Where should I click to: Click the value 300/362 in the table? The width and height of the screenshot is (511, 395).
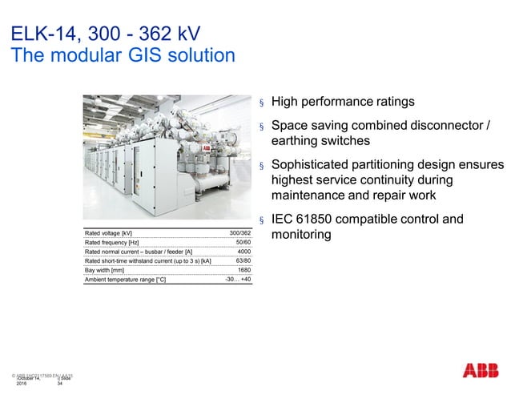[x=239, y=232]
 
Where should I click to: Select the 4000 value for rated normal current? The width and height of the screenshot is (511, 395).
[x=244, y=252]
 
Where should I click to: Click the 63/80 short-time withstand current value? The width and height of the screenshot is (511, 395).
[x=243, y=261]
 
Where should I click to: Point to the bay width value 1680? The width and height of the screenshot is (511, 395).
[x=244, y=271]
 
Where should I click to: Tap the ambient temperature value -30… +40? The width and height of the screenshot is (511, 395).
[x=238, y=280]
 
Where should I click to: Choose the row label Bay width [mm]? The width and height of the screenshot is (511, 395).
[x=105, y=271]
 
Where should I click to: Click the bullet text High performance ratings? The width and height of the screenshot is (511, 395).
[x=343, y=103]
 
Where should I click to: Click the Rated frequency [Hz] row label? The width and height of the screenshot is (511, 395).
[x=112, y=242]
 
